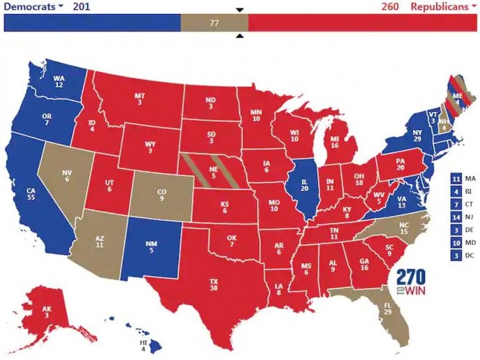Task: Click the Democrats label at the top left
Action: [x=30, y=6]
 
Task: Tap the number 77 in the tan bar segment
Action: [x=214, y=23]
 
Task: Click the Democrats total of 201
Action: [x=81, y=6]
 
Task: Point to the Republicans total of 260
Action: [x=390, y=6]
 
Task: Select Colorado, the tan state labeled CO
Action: [x=162, y=194]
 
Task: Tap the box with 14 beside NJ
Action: [x=456, y=217]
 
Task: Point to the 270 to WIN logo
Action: [x=411, y=282]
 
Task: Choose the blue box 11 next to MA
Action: [x=456, y=178]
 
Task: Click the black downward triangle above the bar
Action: [x=239, y=9]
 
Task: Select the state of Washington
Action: [x=58, y=81]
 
